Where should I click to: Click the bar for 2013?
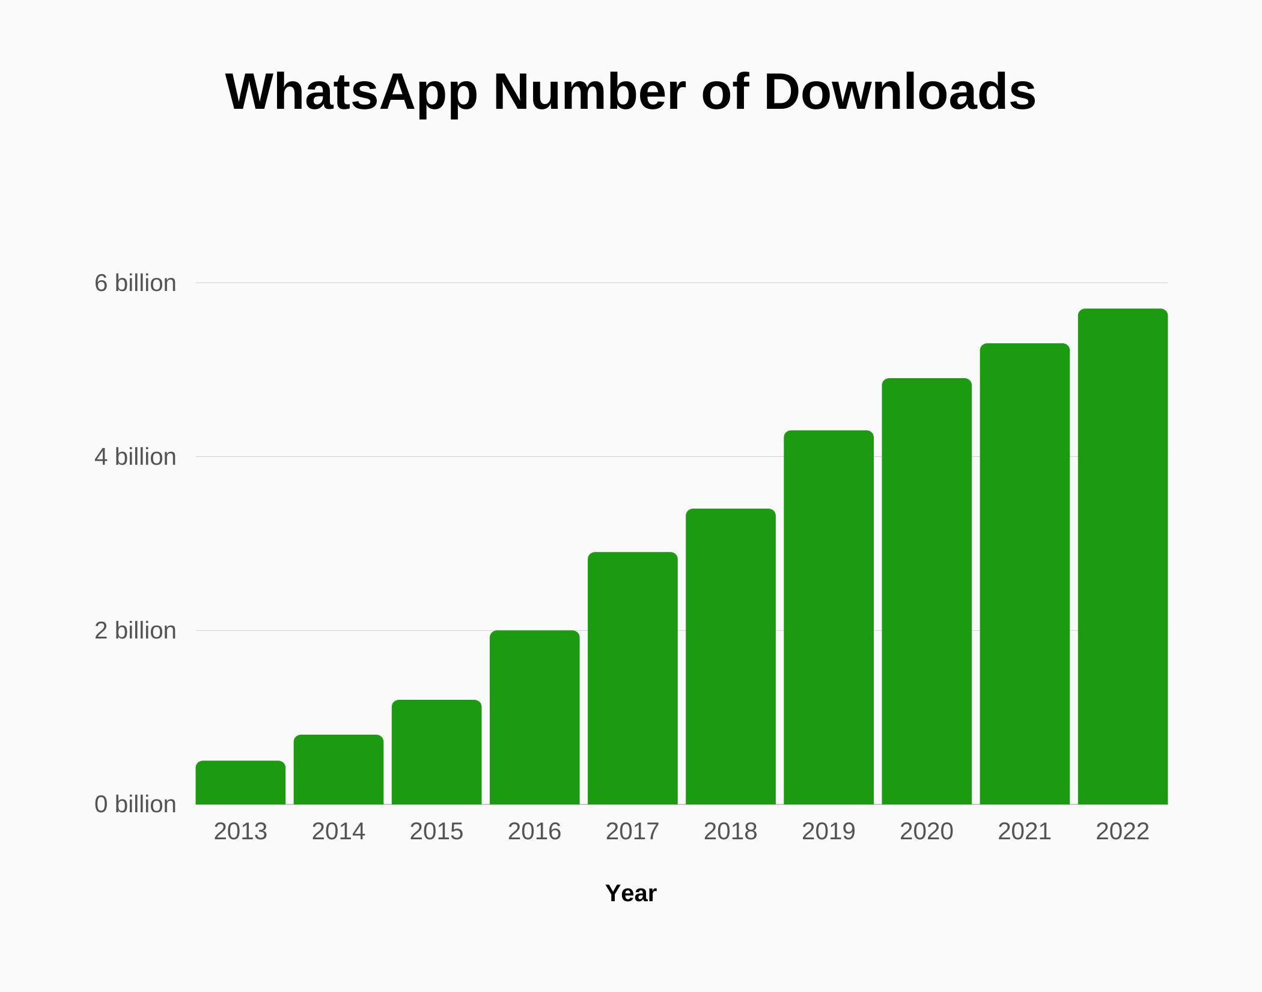pos(240,782)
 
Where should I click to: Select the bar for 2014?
pos(338,770)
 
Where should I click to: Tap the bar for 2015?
pos(436,752)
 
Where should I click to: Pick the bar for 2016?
pos(534,717)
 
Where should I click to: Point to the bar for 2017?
pos(632,678)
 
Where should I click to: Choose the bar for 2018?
pos(730,656)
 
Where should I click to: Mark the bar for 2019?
pos(828,617)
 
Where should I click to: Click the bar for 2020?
pos(926,591)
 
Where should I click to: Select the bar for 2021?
pos(1024,574)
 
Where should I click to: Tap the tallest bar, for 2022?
pos(1122,556)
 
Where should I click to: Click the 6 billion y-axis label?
pos(135,283)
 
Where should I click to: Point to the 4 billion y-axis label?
pos(135,457)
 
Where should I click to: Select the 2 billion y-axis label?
pos(135,631)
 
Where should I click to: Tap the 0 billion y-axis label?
pos(135,804)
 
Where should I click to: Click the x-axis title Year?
pos(631,893)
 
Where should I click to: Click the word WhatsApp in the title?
pos(351,93)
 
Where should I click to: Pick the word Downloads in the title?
pos(900,93)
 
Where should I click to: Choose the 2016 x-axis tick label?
pos(534,831)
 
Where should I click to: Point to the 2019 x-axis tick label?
pos(828,831)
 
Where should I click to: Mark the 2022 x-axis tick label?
pos(1122,831)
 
